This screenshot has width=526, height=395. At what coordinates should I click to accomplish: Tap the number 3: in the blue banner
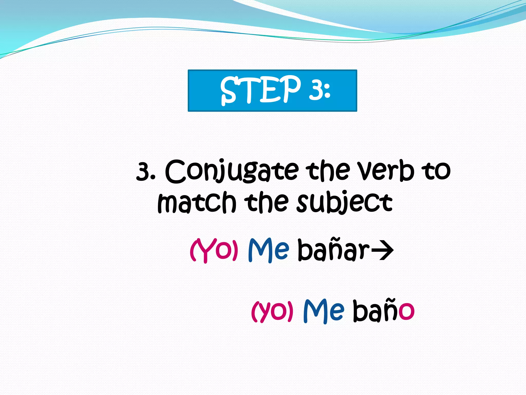[x=320, y=89]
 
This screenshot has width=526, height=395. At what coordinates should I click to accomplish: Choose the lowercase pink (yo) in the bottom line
[x=272, y=311]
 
